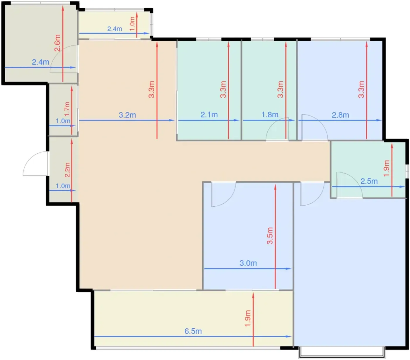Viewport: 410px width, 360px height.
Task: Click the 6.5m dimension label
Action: point(193,332)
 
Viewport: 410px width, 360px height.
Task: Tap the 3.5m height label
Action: point(270,236)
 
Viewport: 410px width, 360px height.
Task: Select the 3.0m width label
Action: point(248,263)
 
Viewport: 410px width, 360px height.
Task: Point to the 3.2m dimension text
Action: point(127,115)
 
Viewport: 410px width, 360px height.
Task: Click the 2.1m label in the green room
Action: point(209,115)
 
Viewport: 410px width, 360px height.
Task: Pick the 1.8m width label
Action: point(270,115)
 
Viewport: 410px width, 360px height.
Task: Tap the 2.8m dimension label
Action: point(340,115)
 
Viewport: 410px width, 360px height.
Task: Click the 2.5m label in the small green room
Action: point(369,181)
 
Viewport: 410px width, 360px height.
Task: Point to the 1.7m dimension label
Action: point(67,109)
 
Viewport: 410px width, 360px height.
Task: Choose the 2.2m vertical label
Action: point(67,170)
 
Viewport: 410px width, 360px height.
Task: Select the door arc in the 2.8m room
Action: point(320,122)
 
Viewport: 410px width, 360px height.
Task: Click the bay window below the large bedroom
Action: point(342,353)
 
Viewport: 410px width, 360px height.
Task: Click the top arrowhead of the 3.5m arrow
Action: point(275,187)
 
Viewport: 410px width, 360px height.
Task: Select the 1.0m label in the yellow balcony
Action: point(132,24)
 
